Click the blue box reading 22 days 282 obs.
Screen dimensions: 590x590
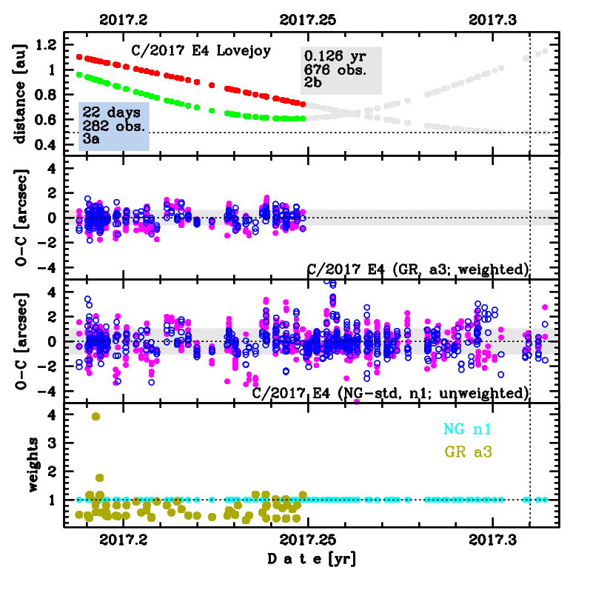(114, 126)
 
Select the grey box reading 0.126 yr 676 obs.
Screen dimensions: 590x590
(341, 70)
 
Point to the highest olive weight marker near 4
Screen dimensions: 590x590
(95, 416)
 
